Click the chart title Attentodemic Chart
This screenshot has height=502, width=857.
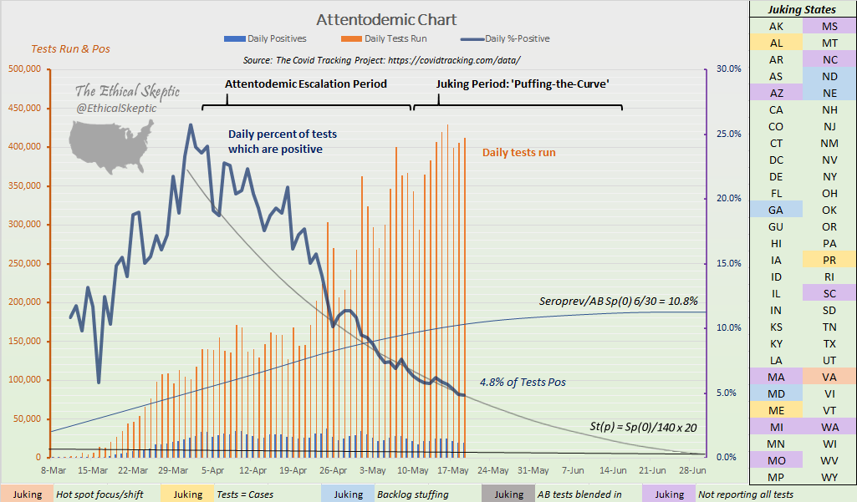click(x=385, y=19)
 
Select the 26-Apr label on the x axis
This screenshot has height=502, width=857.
click(x=333, y=469)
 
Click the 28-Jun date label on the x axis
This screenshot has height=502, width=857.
click(x=692, y=469)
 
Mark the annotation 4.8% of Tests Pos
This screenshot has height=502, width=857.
click(x=523, y=382)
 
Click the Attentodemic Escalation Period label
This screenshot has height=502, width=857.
click(x=306, y=84)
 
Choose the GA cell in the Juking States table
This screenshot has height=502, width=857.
click(x=775, y=210)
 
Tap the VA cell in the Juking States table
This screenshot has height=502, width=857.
click(x=829, y=377)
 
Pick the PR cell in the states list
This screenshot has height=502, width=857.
click(x=829, y=260)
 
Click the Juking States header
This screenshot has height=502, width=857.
click(x=802, y=10)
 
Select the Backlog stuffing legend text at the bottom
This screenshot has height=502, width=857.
click(x=412, y=494)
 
